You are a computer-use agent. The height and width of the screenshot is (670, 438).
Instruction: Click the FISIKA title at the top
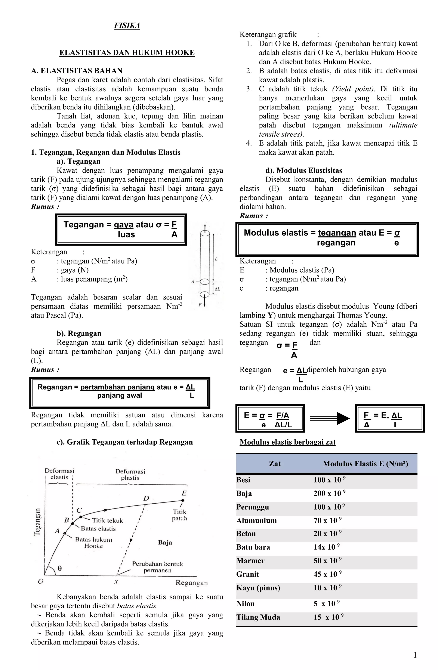coord(127,26)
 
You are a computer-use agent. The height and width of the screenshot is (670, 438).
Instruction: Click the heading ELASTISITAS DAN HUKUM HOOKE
coord(127,53)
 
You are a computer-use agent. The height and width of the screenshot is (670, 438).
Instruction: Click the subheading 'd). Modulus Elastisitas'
coord(304,170)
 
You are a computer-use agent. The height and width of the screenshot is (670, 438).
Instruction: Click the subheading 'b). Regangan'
coord(79,333)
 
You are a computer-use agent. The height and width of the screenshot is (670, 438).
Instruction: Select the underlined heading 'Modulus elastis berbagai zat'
coord(287,442)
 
